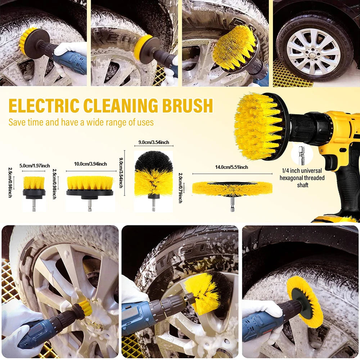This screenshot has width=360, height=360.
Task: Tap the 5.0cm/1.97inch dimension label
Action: coord(35,165)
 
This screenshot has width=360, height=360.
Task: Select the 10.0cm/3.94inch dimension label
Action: coord(90,164)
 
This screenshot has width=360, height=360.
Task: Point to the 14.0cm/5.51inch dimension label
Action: coord(232,167)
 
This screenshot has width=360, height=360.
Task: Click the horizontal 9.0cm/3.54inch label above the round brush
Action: coord(154,142)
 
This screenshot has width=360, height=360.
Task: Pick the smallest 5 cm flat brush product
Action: coord(34,187)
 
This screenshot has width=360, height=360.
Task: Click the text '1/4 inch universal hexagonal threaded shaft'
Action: coord(302,178)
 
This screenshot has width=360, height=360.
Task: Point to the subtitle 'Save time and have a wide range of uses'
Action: coord(81,122)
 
